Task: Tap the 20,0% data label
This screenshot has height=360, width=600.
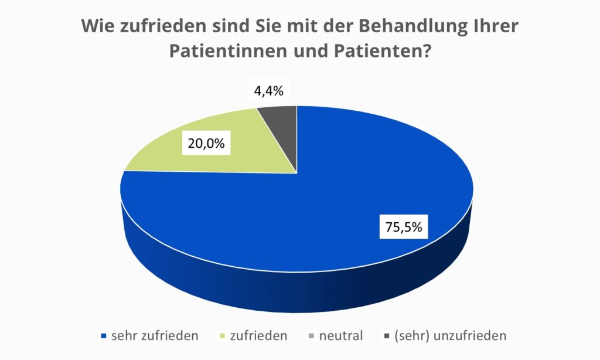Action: [206, 143]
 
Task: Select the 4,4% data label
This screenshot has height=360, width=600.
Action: [269, 91]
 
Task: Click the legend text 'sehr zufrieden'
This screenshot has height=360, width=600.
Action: [154, 336]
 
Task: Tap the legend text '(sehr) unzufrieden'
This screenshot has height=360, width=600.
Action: [450, 336]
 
